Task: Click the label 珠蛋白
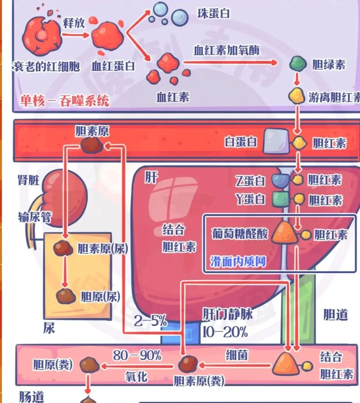coord(214,14)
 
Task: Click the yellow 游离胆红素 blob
coord(296,96)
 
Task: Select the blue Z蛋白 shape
coord(280,180)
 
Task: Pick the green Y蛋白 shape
coord(281,199)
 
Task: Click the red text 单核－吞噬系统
coord(65,102)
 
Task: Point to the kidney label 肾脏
coord(28,180)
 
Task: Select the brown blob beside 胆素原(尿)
coord(63,248)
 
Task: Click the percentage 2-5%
coord(150,322)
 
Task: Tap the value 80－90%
coord(137,355)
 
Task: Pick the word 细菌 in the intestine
coord(237,355)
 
